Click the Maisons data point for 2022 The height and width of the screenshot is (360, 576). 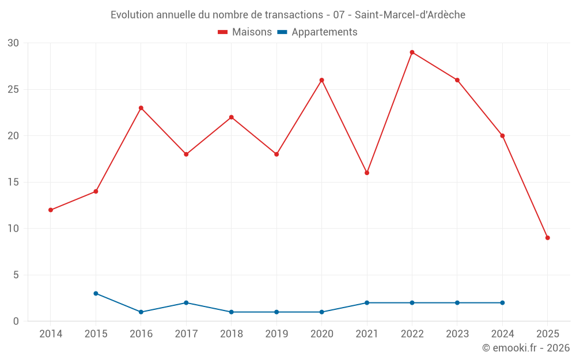tap(412, 52)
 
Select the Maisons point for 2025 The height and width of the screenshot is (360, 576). tap(547, 238)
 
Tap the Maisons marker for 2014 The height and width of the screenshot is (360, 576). tap(51, 210)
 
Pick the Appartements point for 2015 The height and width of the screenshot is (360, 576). tap(96, 294)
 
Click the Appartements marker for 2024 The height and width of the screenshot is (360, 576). tap(502, 303)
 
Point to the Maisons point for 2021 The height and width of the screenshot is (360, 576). tap(367, 173)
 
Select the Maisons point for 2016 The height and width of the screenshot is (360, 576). tap(141, 108)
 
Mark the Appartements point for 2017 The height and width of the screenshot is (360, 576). tap(186, 303)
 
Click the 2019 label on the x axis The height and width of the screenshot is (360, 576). tap(276, 334)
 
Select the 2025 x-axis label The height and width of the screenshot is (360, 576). tap(547, 334)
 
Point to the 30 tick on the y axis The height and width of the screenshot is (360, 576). tap(13, 43)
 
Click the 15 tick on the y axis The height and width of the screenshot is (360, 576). tap(13, 183)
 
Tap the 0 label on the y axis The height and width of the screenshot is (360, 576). tap(16, 321)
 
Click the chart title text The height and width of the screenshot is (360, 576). tap(288, 15)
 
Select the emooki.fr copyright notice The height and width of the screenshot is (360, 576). tap(525, 348)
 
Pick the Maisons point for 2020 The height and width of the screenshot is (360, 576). tap(322, 80)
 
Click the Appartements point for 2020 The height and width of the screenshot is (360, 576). tap(322, 312)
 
